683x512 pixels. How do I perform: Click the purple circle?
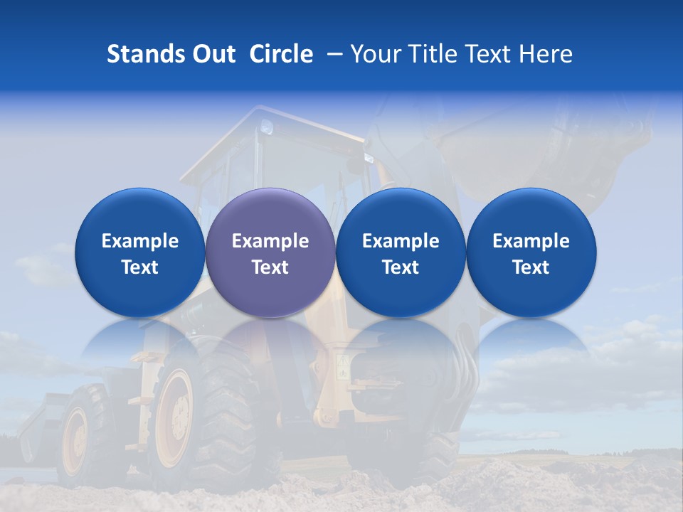click(x=270, y=252)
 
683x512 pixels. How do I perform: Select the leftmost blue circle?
click(x=139, y=252)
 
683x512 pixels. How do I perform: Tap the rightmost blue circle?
click(x=531, y=252)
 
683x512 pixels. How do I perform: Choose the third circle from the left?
click(x=401, y=252)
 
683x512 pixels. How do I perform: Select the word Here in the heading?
click(x=546, y=54)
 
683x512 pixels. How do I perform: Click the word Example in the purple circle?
click(x=270, y=241)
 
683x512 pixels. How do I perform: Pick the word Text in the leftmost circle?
click(x=139, y=267)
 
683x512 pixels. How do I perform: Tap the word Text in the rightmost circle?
click(x=531, y=267)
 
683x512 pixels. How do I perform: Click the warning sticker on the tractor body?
click(x=344, y=366)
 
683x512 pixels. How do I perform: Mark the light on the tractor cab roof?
click(x=268, y=129)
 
